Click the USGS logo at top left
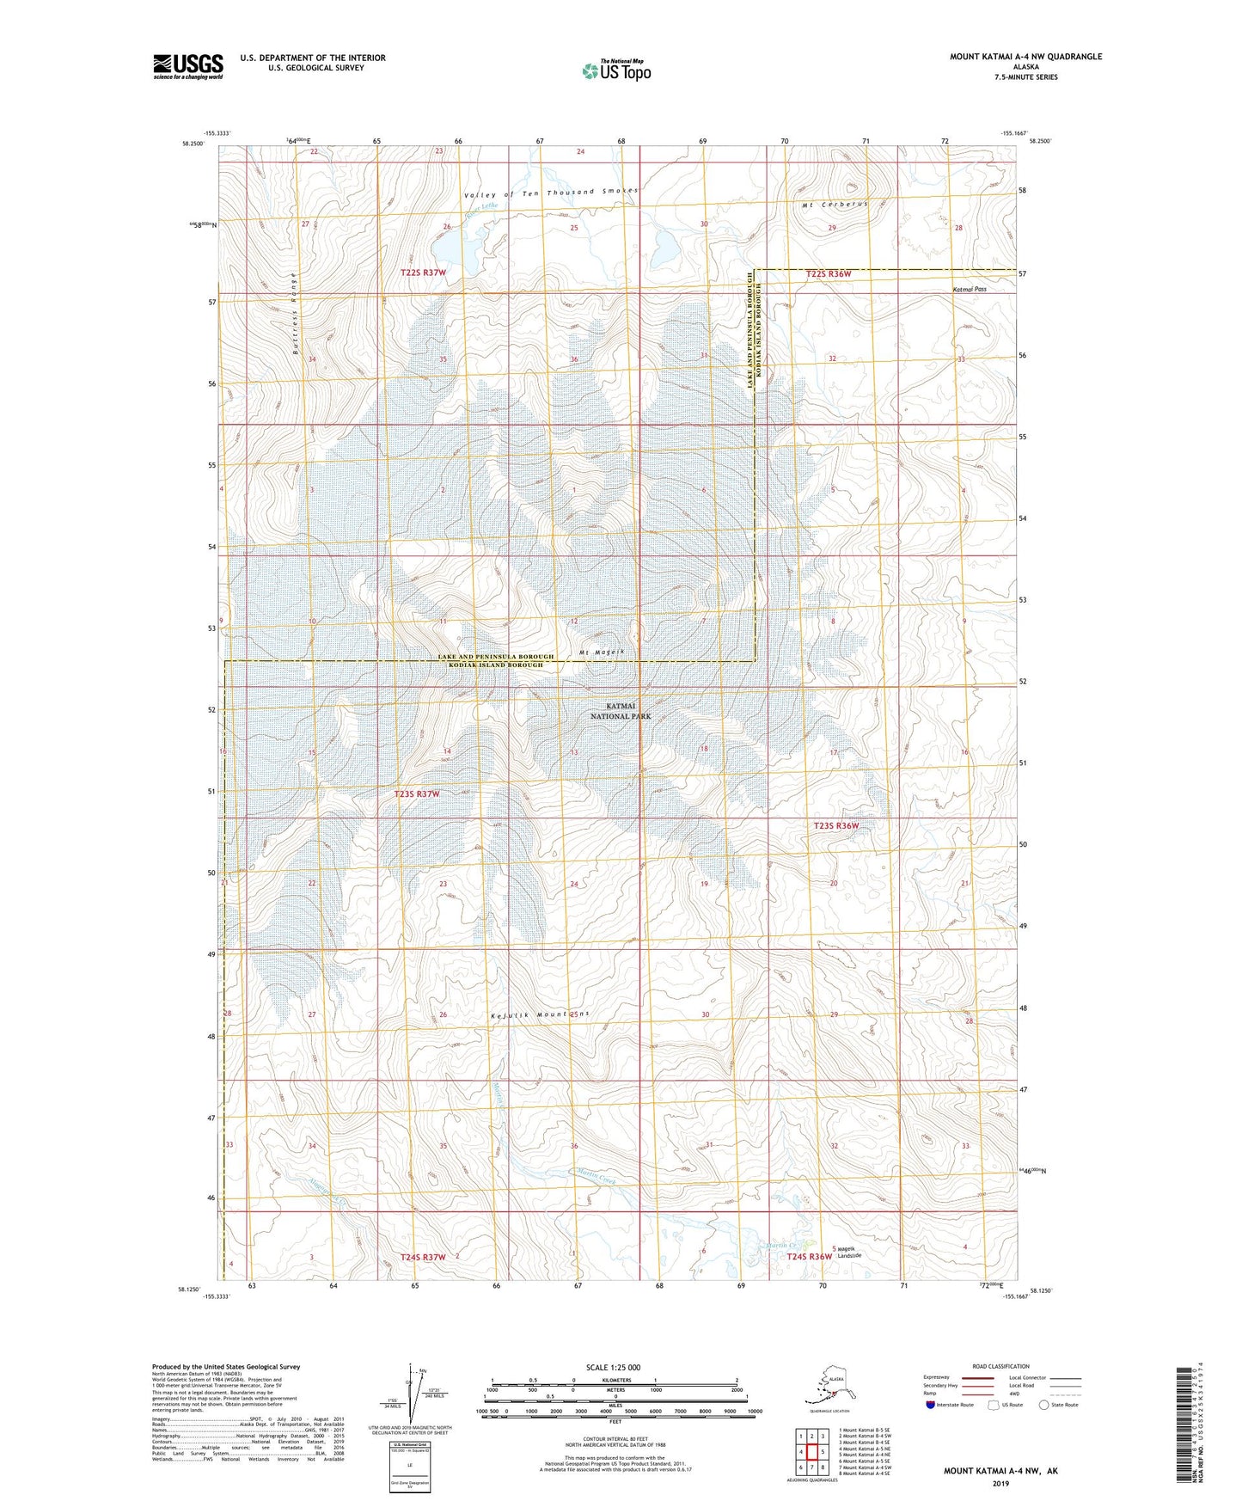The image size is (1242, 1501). (188, 66)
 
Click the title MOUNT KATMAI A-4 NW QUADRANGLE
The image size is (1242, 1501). (1025, 57)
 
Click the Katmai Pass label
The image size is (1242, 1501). (969, 290)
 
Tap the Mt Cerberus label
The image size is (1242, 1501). (833, 205)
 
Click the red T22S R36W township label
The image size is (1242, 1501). (828, 274)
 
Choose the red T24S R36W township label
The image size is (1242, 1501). (809, 1256)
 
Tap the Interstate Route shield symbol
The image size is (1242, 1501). (932, 1406)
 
